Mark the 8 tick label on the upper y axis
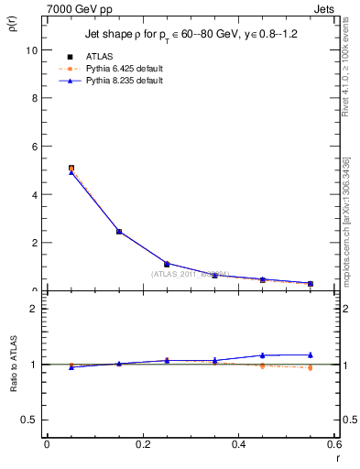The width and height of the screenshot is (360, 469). [34, 98]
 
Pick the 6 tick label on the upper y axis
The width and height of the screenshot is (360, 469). [34, 147]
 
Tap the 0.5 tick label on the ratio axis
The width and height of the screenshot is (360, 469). [29, 420]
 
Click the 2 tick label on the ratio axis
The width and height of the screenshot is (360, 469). [34, 310]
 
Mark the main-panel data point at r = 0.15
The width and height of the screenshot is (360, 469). [119, 232]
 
